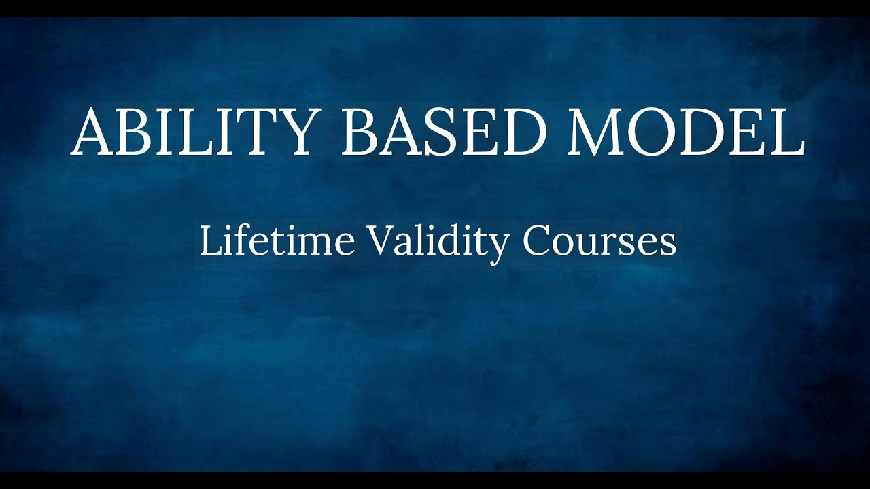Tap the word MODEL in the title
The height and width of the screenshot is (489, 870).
[x=686, y=132]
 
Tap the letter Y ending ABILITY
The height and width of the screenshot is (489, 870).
[x=293, y=132]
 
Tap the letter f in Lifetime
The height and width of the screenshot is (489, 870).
[x=237, y=240]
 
